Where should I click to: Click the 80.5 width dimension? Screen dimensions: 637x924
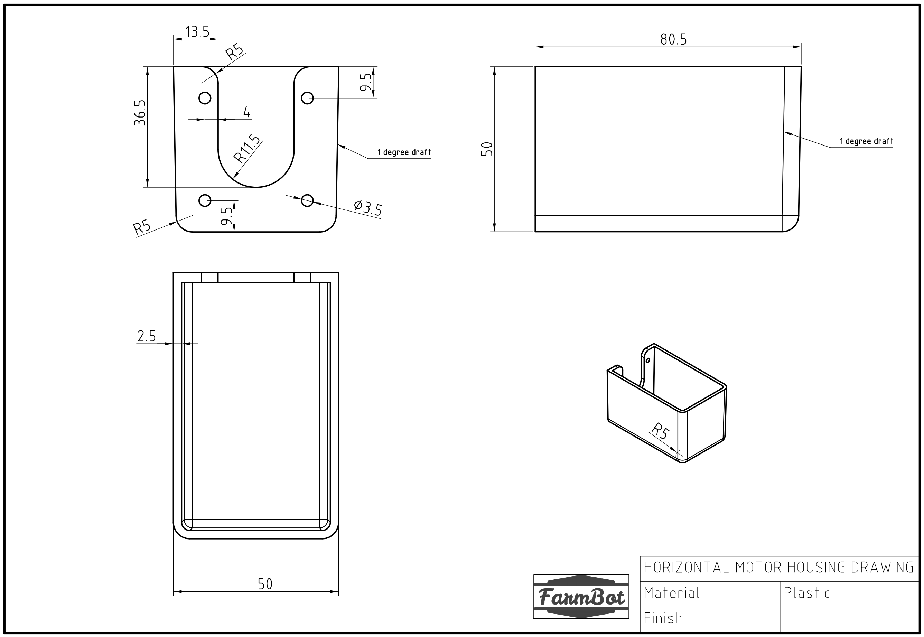pos(673,39)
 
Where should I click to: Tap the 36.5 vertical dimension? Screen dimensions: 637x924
pos(140,113)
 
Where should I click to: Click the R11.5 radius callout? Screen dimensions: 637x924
pos(247,149)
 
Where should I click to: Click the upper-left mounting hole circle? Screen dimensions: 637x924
pos(205,98)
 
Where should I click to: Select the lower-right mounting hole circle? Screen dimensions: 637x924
pos(307,200)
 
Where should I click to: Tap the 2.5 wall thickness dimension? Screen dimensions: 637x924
pos(147,336)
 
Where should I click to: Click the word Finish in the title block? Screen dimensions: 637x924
pos(663,619)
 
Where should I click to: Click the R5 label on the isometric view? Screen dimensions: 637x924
pos(660,431)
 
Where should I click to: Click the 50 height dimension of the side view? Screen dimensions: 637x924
pos(487,149)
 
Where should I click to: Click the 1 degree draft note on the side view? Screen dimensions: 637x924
pos(866,141)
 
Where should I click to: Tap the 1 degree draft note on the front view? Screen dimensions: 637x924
pos(404,152)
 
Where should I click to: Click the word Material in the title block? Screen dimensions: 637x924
pos(671,593)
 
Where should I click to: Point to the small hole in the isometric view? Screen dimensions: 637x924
pos(648,360)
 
